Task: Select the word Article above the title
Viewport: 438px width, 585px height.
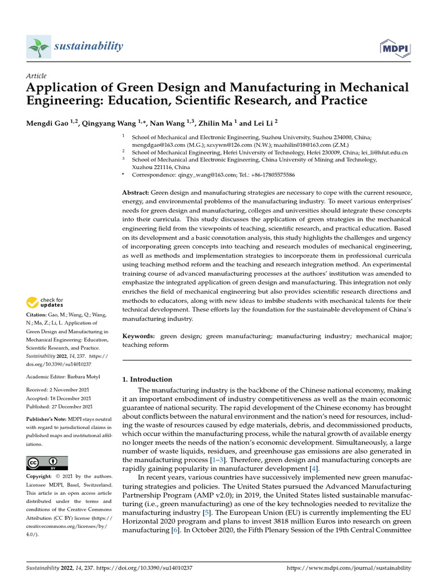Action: [x=36, y=76]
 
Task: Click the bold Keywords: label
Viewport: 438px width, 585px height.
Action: [x=139, y=336]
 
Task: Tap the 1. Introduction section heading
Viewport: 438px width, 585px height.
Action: [x=148, y=379]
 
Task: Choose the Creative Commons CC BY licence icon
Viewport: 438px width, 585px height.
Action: [x=47, y=463]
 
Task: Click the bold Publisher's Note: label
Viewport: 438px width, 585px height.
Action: [x=47, y=419]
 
